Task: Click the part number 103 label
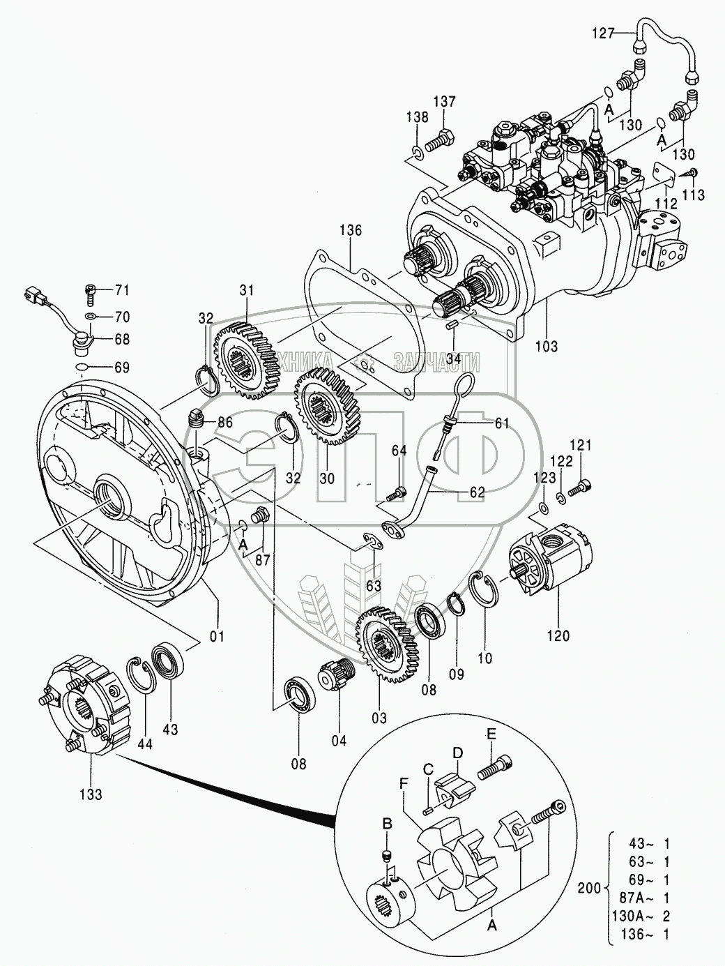pyautogui.click(x=546, y=347)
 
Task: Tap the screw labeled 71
pyautogui.click(x=90, y=293)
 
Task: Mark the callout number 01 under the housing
pyautogui.click(x=217, y=636)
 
